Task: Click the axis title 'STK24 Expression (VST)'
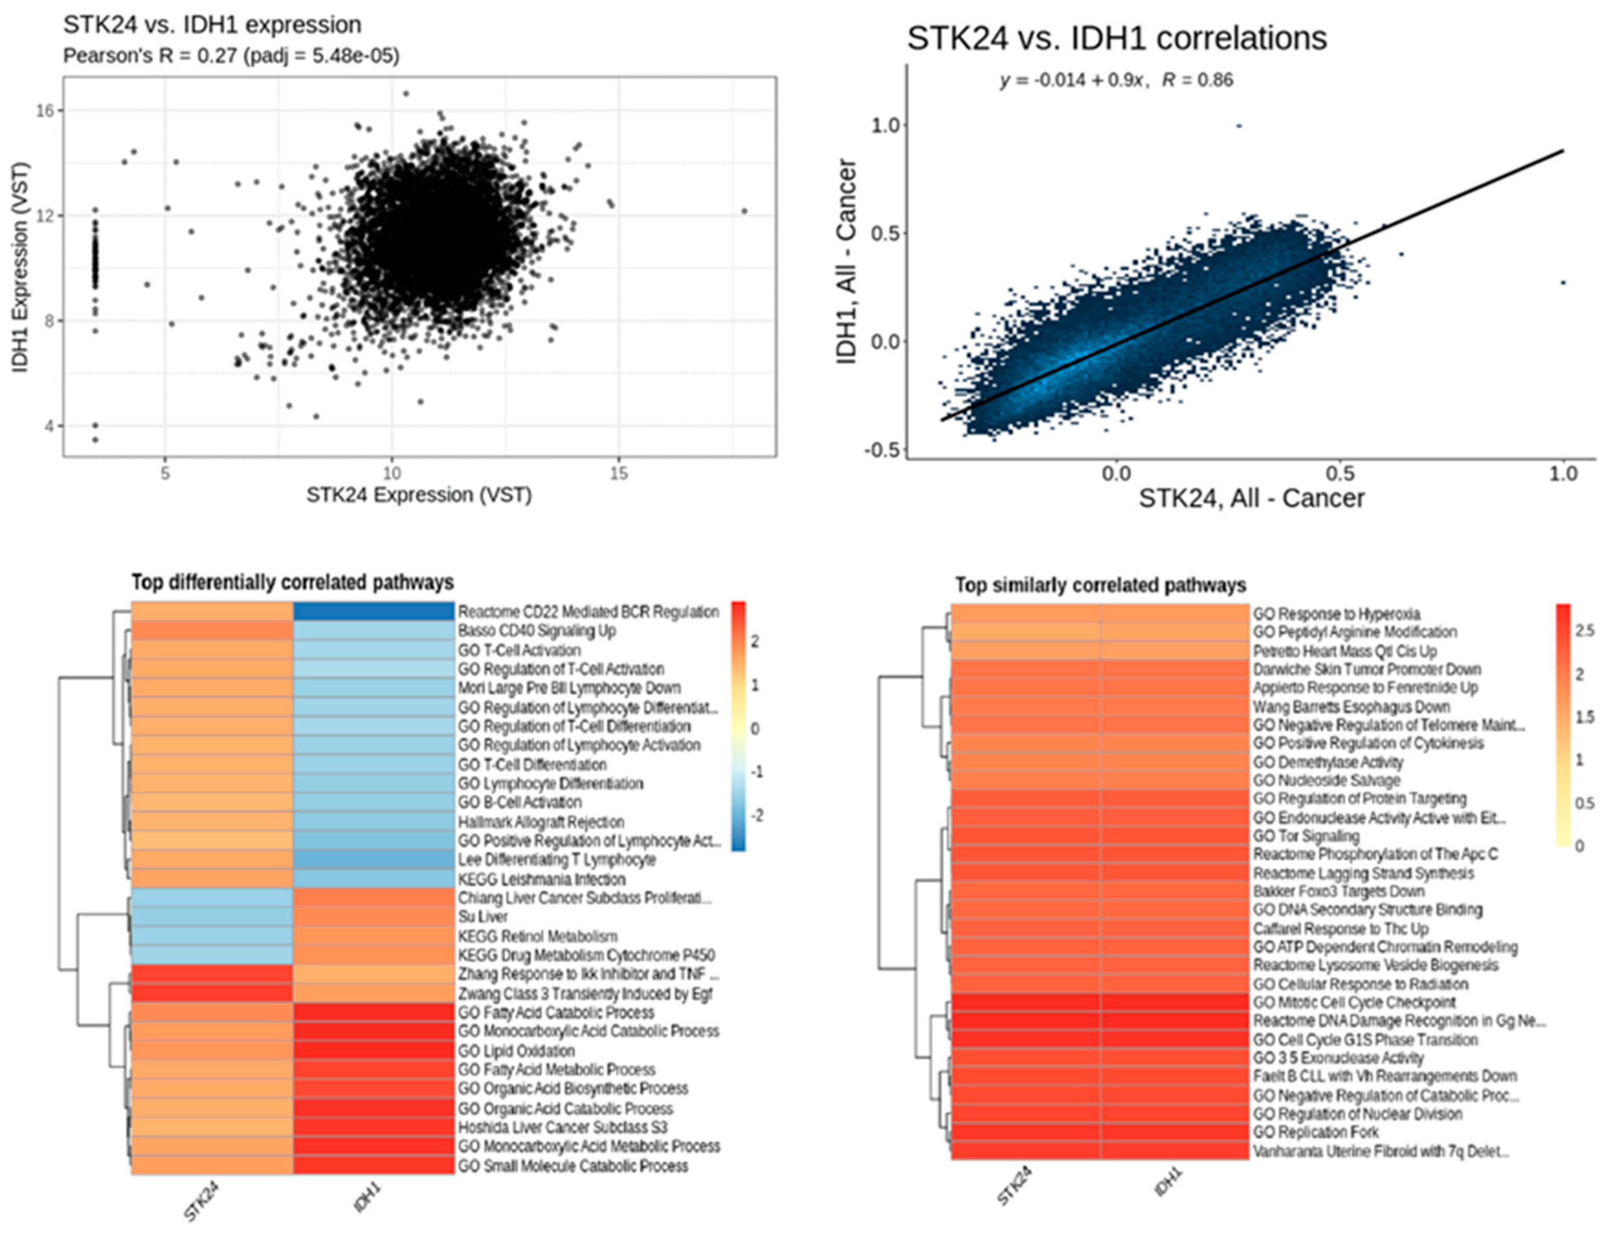point(418,495)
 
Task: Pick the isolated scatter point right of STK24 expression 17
point(744,212)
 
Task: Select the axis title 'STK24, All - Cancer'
point(1251,498)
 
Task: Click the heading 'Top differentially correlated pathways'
point(293,582)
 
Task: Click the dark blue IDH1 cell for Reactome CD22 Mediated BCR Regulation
point(373,611)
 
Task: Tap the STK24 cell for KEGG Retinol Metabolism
point(212,936)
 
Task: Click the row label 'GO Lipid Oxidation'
point(516,1050)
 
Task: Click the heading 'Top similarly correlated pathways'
point(1100,586)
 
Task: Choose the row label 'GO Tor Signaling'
point(1306,836)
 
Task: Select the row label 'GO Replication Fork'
point(1316,1132)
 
